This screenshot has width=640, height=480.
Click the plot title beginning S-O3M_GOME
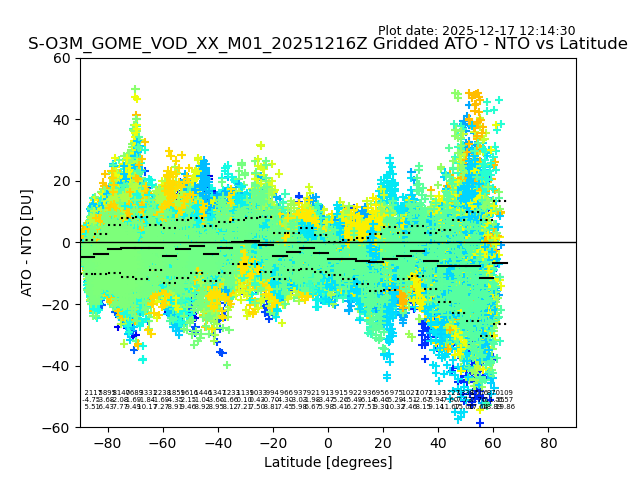click(x=328, y=44)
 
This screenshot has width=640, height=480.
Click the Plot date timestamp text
click(x=476, y=31)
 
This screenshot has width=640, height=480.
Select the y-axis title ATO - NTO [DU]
click(x=27, y=242)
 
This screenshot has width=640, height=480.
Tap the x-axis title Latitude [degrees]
click(x=328, y=462)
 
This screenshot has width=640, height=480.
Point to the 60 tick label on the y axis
click(x=62, y=58)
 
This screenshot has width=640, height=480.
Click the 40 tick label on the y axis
click(x=62, y=120)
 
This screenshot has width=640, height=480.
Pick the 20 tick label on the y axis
click(x=62, y=181)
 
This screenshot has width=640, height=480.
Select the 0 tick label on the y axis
click(x=66, y=243)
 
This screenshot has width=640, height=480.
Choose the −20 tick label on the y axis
click(x=58, y=304)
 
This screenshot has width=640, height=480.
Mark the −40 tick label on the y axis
click(x=58, y=366)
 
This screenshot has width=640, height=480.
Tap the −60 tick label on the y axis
click(x=58, y=427)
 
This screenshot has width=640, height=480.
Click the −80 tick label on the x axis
click(x=107, y=442)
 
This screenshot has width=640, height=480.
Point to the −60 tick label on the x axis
click(x=162, y=442)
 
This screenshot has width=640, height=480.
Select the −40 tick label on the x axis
click(x=217, y=442)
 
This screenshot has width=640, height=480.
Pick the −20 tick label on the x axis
click(x=272, y=442)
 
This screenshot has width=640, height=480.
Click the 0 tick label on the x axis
click(x=328, y=442)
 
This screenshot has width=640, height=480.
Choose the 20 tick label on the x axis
click(x=383, y=442)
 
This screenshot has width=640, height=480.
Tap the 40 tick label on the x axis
click(x=438, y=442)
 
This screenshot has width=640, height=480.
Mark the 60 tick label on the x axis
click(x=493, y=442)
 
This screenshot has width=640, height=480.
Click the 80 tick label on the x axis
click(x=548, y=442)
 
